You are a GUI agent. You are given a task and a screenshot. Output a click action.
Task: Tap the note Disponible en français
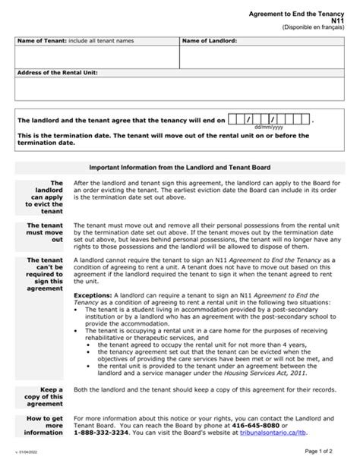(312, 30)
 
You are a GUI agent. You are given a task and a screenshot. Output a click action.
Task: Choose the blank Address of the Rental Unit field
(179, 90)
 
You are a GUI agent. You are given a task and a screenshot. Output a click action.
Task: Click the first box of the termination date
(232, 119)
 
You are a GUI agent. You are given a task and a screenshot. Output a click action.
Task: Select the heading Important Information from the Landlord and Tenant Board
(179, 167)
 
